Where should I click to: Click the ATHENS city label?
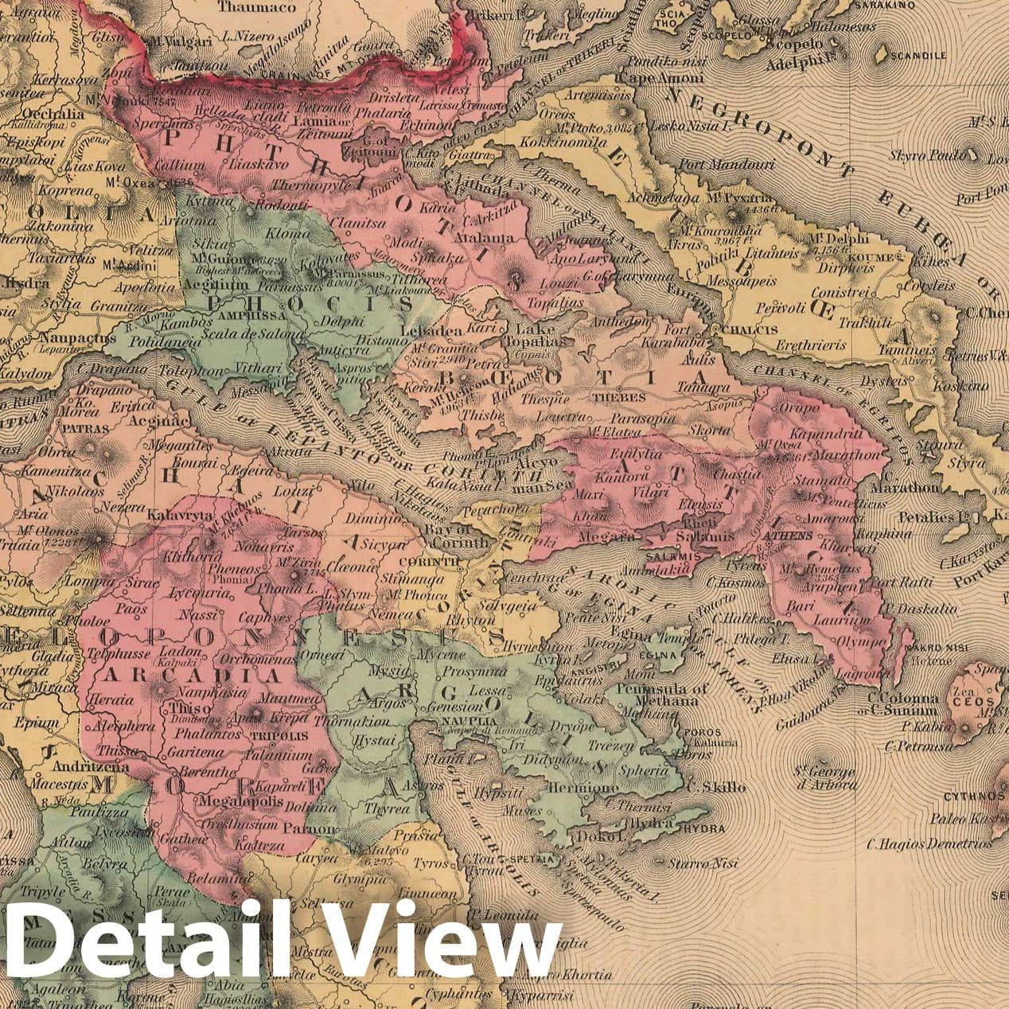pos(787,536)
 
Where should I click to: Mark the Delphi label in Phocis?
pos(341,321)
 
